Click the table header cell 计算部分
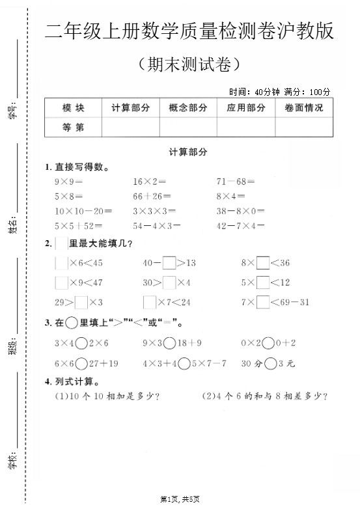130,108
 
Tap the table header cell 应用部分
245,108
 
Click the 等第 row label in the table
73,128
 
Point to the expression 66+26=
152,197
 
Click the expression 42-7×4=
241,226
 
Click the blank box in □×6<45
61,264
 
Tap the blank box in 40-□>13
169,264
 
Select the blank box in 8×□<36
262,264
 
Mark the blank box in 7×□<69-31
262,302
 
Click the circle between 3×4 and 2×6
81,343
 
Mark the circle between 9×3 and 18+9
169,343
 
